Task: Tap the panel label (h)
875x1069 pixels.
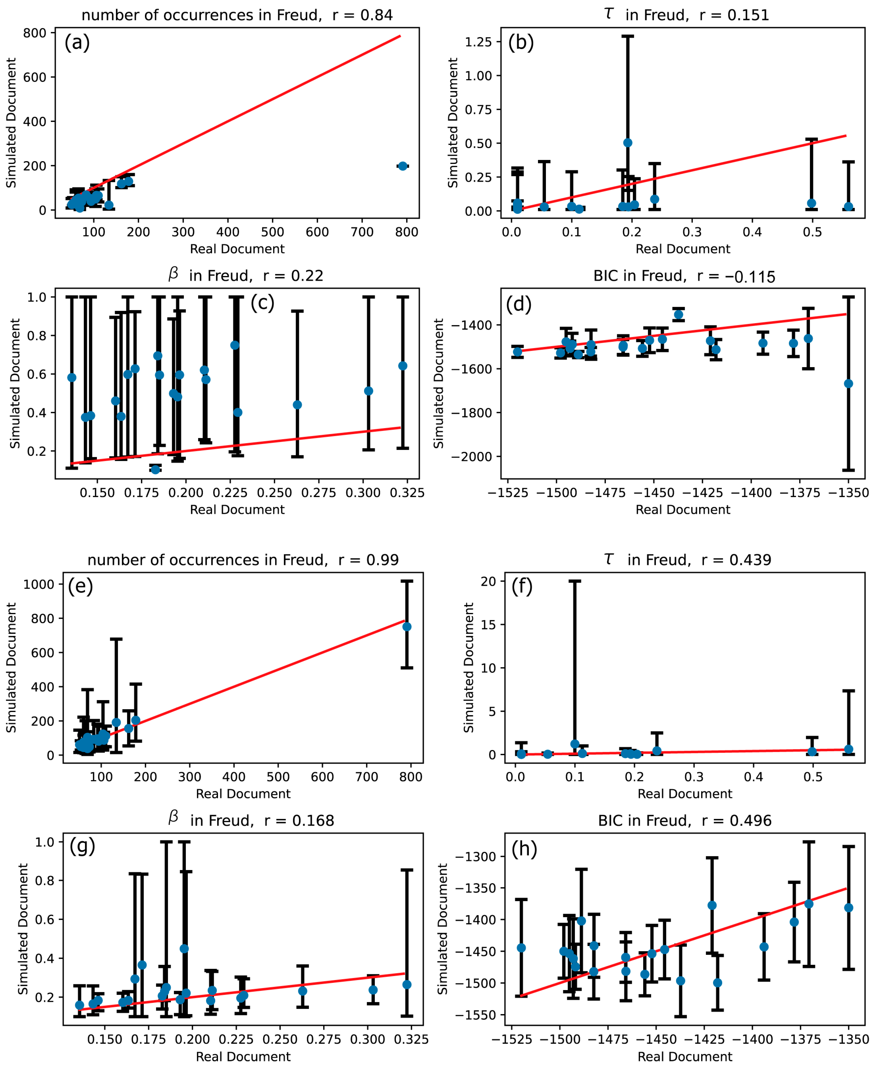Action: click(x=524, y=849)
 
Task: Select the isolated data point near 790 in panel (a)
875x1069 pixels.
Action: click(x=402, y=166)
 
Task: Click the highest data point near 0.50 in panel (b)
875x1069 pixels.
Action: click(x=628, y=143)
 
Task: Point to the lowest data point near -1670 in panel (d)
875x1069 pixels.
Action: click(x=848, y=384)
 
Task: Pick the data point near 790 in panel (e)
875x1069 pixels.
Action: click(x=407, y=627)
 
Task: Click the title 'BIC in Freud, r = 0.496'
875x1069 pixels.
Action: click(x=685, y=820)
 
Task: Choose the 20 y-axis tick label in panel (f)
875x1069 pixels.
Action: click(x=488, y=581)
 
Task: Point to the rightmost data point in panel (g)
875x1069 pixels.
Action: click(x=407, y=984)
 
